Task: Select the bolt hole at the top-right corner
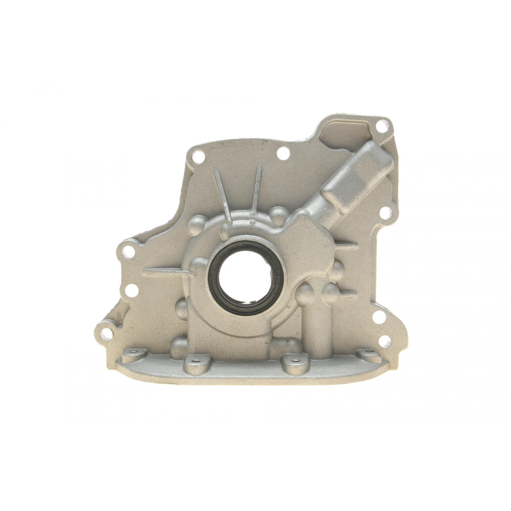click(381, 125)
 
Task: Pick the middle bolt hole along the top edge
click(283, 152)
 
